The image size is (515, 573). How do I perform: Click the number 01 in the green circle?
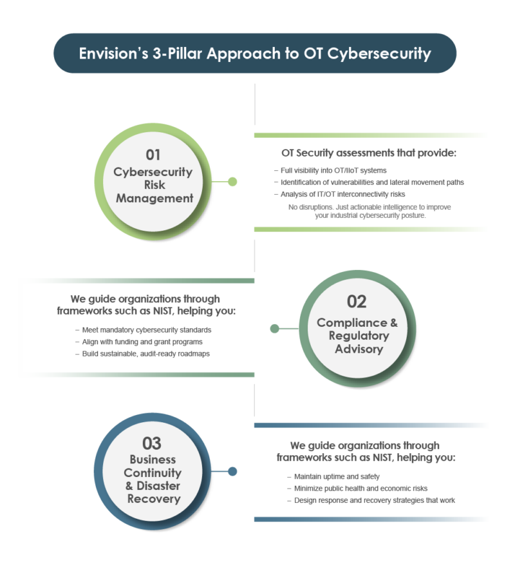[153, 155]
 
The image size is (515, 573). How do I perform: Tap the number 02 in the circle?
[357, 302]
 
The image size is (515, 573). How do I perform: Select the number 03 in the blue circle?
[152, 443]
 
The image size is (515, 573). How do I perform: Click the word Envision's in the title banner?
[113, 53]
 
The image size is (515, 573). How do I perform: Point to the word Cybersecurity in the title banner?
[379, 53]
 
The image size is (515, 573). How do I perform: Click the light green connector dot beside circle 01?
[232, 182]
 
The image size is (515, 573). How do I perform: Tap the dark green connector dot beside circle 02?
[274, 329]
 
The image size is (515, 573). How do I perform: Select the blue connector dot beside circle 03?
[232, 471]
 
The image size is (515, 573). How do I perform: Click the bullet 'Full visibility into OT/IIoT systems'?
[333, 171]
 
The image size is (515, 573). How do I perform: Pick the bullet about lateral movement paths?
[372, 182]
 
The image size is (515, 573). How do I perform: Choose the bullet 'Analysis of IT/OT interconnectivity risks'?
[342, 194]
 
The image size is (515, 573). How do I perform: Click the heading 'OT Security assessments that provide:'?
[369, 153]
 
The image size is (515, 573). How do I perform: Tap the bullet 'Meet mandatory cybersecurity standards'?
[147, 330]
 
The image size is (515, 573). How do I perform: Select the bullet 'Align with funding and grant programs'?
[142, 342]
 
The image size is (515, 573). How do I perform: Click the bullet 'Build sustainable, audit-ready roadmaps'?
[146, 354]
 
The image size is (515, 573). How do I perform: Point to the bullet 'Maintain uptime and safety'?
[337, 476]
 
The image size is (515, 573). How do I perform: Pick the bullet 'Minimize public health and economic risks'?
[360, 489]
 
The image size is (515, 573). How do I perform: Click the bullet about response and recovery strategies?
[375, 500]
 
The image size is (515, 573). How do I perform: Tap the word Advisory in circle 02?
[359, 349]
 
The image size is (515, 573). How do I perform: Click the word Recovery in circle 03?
[154, 499]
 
